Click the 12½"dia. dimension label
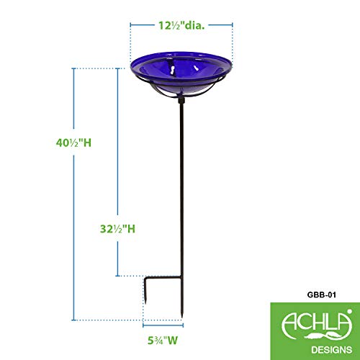181,25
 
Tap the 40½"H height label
73,143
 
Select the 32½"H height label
117,229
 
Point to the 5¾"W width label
163,341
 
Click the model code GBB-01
321,294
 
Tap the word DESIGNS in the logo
332,350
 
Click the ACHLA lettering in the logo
317,323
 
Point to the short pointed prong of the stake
145,292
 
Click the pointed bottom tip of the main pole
181,318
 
